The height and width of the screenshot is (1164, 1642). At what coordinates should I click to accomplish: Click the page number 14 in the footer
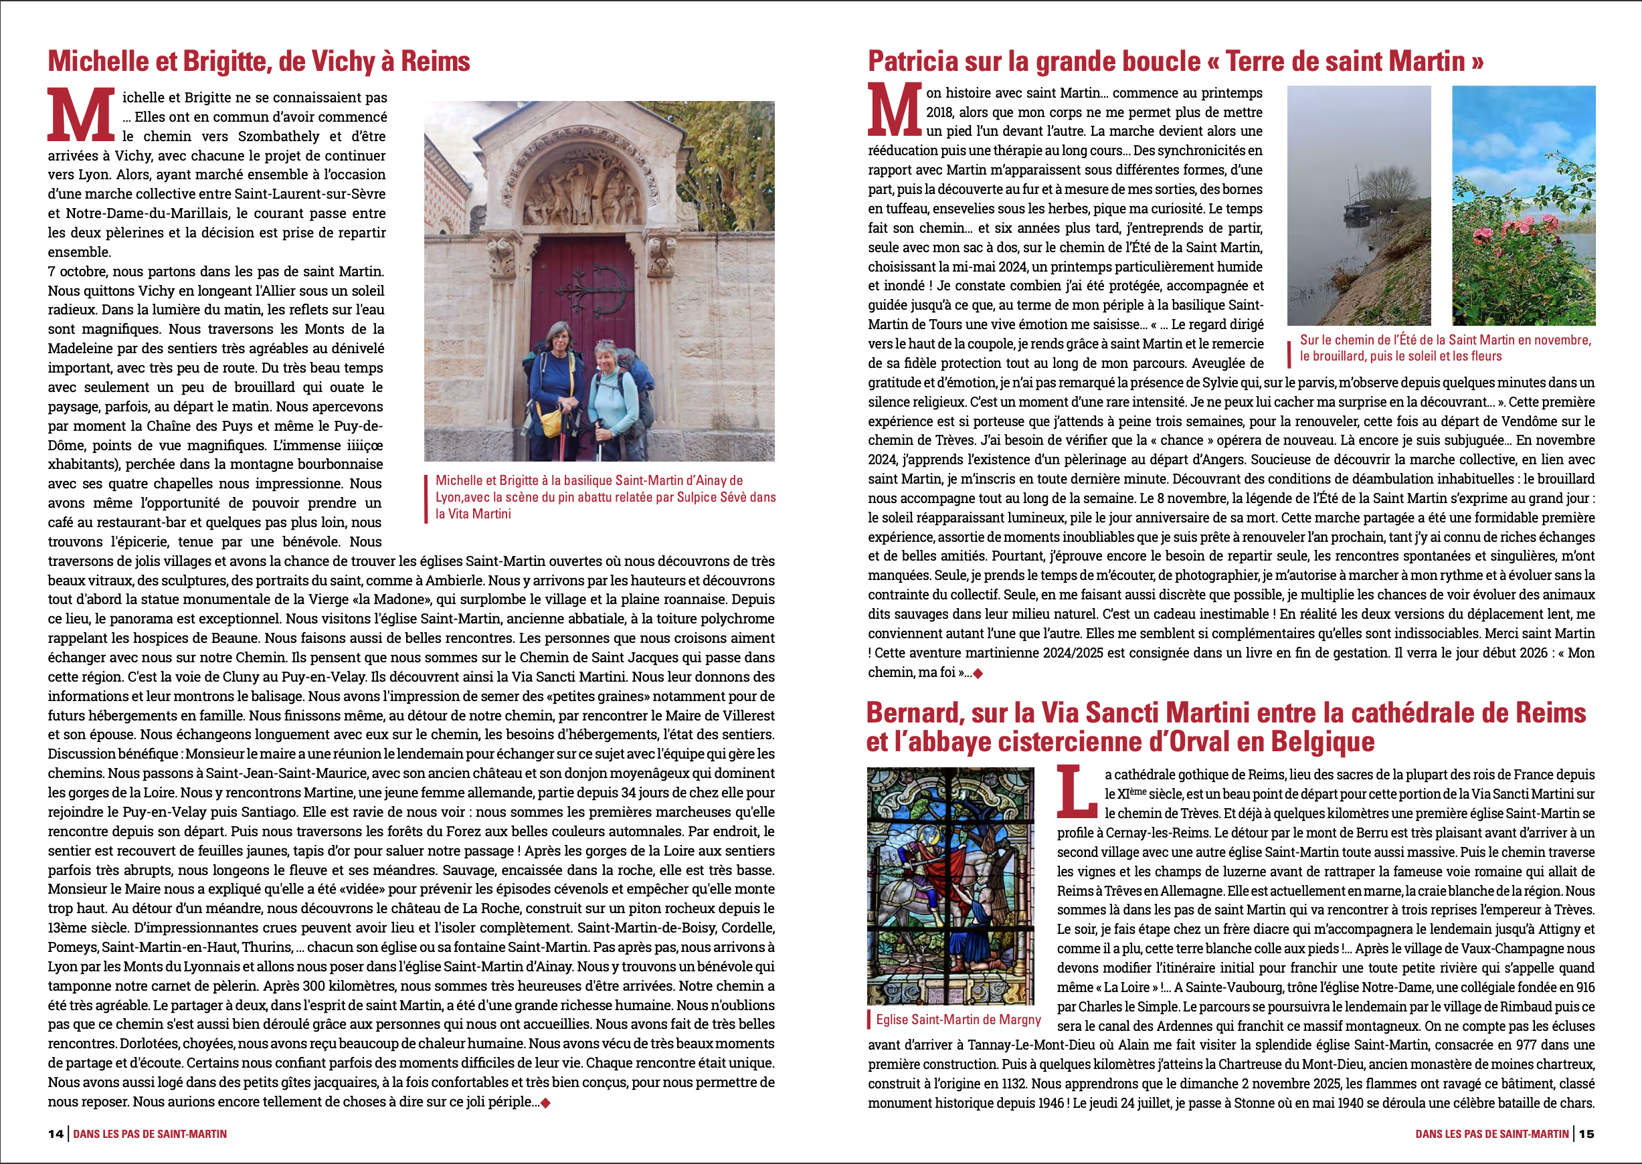coord(55,1133)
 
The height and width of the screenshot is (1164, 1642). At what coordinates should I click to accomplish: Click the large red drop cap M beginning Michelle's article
coord(80,114)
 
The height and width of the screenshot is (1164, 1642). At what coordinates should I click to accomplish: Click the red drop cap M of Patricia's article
coord(895,110)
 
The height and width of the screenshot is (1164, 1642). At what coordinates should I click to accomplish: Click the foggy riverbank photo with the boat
coord(1359,206)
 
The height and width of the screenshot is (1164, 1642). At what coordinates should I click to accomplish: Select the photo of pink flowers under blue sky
coord(1523,206)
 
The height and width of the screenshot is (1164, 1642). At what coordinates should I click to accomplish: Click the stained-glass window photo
coord(950,886)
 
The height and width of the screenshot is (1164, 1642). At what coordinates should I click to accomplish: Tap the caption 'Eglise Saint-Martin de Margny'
coord(958,1020)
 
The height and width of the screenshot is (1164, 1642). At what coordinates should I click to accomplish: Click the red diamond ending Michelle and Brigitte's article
coord(545,1103)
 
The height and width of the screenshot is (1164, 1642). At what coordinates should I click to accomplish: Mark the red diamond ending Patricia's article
coord(978,673)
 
